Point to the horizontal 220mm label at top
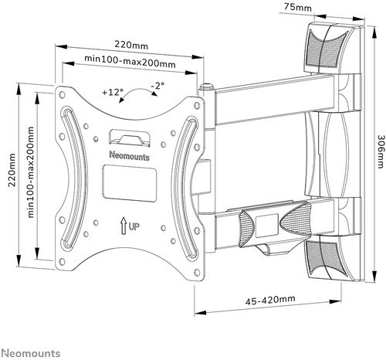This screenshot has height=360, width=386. coord(127,46)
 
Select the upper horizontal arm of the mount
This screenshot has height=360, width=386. coord(262,96)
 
